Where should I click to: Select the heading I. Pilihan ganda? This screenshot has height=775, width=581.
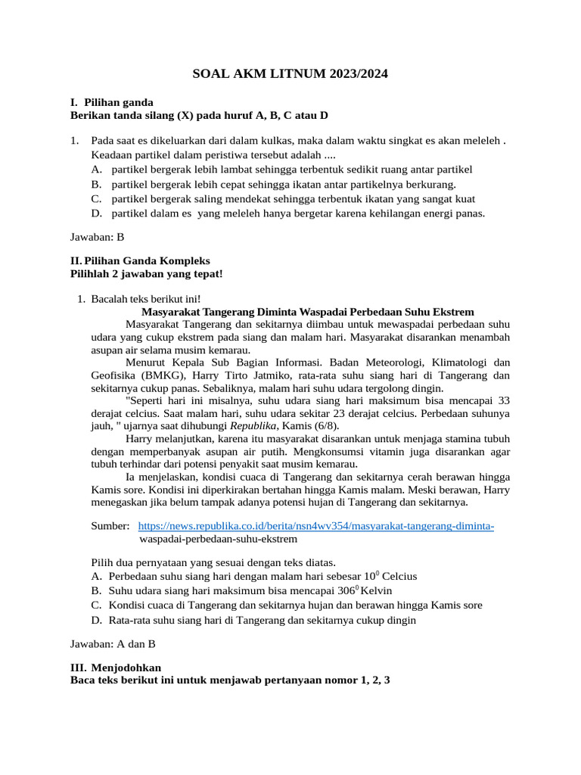111,101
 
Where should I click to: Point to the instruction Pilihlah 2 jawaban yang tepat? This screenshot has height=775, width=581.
146,273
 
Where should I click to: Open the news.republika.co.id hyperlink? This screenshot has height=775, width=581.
315,525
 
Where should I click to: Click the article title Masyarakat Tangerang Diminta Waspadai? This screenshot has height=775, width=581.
308,311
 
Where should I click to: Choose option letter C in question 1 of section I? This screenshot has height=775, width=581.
95,198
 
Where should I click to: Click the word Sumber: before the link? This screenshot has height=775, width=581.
110,525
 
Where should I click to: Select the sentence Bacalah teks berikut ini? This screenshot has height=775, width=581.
147,299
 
